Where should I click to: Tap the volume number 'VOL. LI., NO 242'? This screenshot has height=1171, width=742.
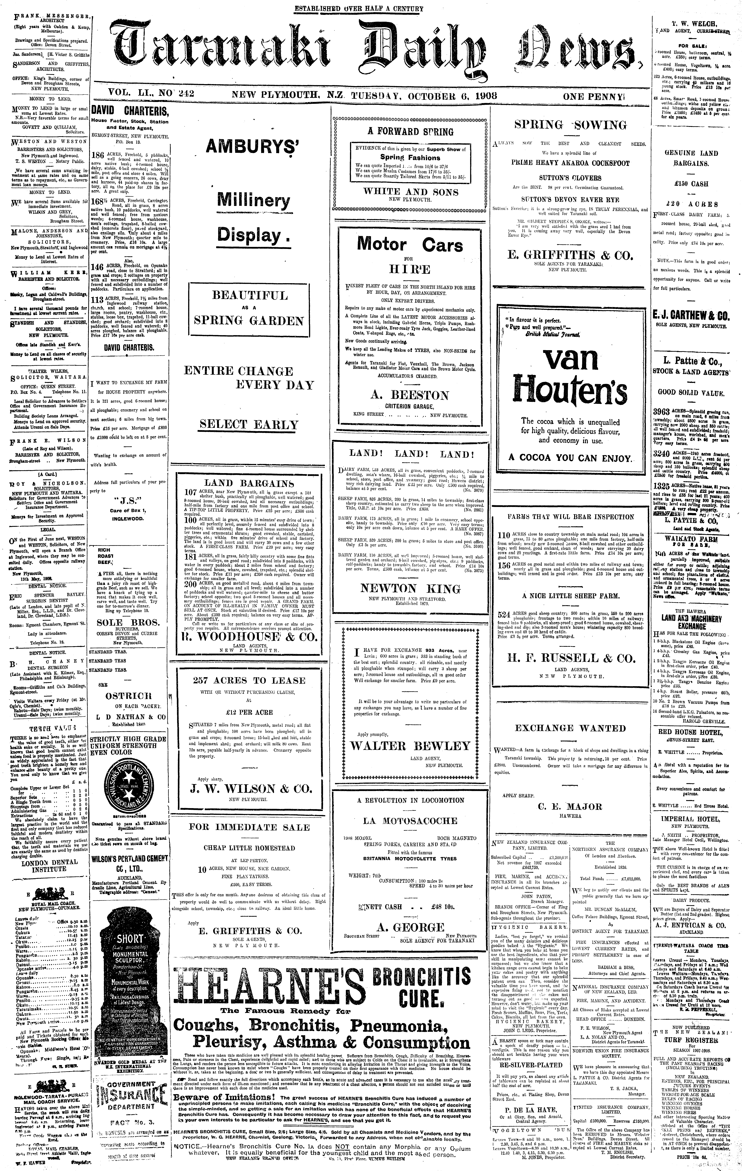click(145, 94)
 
